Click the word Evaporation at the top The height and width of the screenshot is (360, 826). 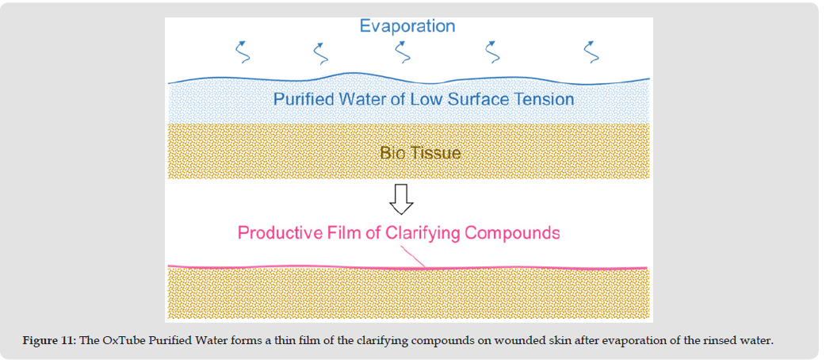tap(407, 26)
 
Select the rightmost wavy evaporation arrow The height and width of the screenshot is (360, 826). tap(591, 52)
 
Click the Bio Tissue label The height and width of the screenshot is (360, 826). tap(420, 152)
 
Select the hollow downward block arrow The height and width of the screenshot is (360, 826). tap(401, 200)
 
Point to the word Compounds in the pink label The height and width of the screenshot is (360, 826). tap(512, 233)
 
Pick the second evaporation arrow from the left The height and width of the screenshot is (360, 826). tap(321, 52)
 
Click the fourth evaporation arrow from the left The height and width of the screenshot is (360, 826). tap(493, 52)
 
